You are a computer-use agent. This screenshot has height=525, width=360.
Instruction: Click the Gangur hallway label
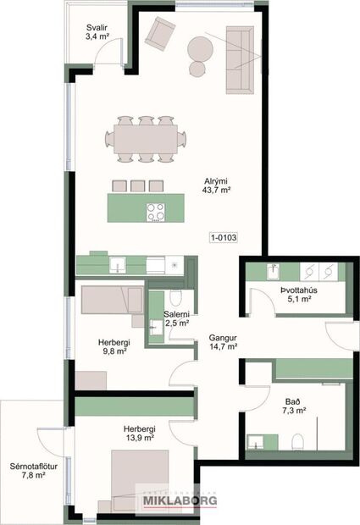223,336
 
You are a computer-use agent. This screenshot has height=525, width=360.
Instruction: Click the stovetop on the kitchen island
156,212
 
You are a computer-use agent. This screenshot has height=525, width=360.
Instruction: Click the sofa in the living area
241,59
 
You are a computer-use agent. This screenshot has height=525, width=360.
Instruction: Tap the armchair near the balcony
158,33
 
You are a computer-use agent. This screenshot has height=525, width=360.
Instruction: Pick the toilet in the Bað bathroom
296,442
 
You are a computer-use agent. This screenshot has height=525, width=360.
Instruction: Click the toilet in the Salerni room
175,297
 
